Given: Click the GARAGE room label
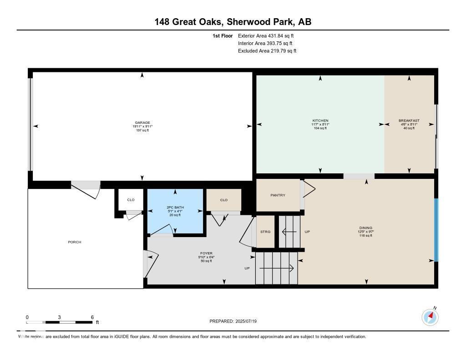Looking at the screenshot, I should coord(142,122).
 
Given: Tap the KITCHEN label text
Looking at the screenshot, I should coord(320,121).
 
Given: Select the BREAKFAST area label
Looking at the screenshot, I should coord(409,121).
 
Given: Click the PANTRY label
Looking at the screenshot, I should coord(278,195).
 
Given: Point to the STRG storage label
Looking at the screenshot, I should coord(265,232).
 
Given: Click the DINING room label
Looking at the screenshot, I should coord(366,228).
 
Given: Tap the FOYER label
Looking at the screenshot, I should coord(207,254).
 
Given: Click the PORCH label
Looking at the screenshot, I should coord(75,242).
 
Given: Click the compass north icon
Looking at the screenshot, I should coord(430,317).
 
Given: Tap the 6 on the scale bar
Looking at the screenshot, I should coord(92,317).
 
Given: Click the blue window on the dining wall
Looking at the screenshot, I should coord(436,230).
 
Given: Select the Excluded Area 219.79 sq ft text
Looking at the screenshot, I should coord(267,51).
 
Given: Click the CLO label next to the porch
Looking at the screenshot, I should coord(131,200).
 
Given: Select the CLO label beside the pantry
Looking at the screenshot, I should coord(223,200).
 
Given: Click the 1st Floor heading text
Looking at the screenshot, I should coord(223,35).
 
